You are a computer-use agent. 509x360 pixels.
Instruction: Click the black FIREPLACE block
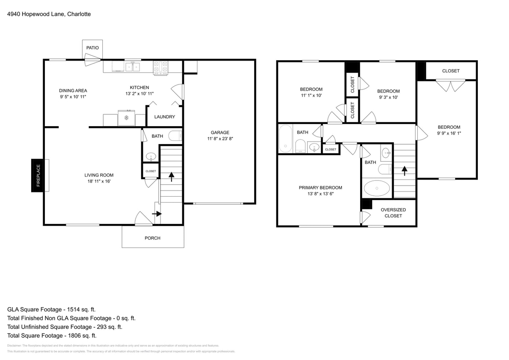(38, 175)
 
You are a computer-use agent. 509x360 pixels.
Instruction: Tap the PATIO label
(92, 48)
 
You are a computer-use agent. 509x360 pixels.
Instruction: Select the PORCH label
(152, 238)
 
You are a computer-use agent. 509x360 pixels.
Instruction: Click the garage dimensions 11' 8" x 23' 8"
(220, 139)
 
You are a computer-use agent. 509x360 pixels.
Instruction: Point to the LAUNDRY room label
(164, 117)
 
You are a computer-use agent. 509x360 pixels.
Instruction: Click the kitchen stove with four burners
(161, 67)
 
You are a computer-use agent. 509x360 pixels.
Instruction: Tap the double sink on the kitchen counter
(132, 67)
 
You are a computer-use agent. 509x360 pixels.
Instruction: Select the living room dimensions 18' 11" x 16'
(99, 181)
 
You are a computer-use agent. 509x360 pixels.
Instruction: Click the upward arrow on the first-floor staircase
(172, 177)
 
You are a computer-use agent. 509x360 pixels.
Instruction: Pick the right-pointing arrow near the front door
(157, 214)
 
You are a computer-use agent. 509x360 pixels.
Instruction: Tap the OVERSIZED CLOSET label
(393, 213)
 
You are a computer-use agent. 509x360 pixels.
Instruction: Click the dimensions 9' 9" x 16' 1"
(449, 133)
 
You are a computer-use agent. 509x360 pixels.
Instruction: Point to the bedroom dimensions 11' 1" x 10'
(311, 96)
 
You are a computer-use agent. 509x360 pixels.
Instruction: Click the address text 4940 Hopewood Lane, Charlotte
(49, 14)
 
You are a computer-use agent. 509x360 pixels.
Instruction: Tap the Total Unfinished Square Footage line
(64, 327)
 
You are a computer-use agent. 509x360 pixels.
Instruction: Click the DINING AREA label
(73, 90)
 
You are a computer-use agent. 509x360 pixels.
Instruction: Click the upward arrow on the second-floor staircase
(404, 170)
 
